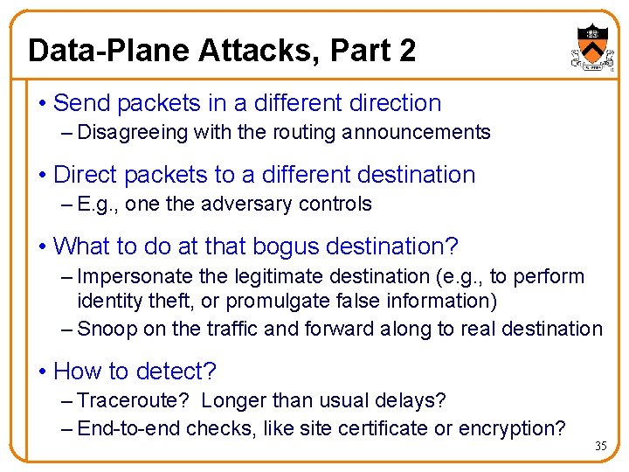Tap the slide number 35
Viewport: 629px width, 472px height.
coord(600,447)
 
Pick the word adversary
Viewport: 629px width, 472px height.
coord(245,205)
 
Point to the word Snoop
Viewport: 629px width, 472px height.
coord(104,329)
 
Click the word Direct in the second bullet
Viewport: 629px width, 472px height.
coord(86,175)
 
